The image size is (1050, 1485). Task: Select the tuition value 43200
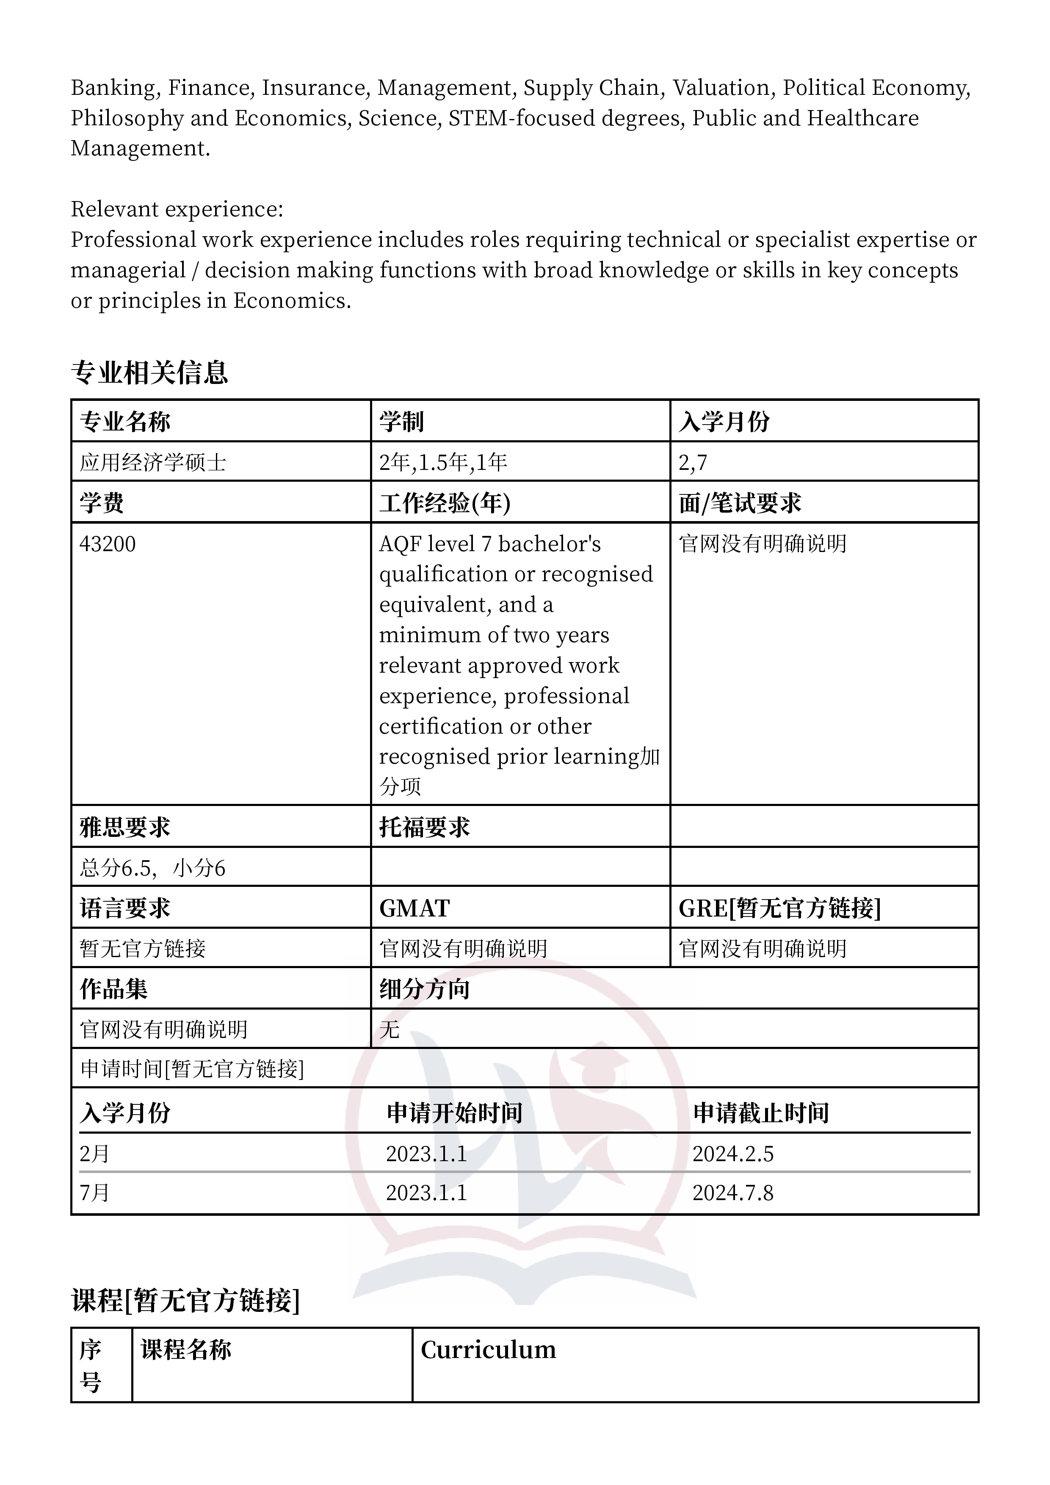click(108, 544)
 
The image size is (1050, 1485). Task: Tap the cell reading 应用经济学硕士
click(153, 462)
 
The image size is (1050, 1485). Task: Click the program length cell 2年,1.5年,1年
click(443, 462)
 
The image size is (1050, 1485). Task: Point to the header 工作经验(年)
click(445, 503)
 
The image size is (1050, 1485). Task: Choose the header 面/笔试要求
click(740, 503)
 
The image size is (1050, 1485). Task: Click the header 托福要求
click(424, 827)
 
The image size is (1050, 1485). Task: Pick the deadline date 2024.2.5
click(732, 1154)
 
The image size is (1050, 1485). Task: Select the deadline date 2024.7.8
click(732, 1192)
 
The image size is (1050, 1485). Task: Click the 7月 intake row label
click(94, 1192)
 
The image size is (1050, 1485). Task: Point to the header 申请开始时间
click(454, 1113)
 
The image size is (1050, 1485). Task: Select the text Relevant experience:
click(177, 210)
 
